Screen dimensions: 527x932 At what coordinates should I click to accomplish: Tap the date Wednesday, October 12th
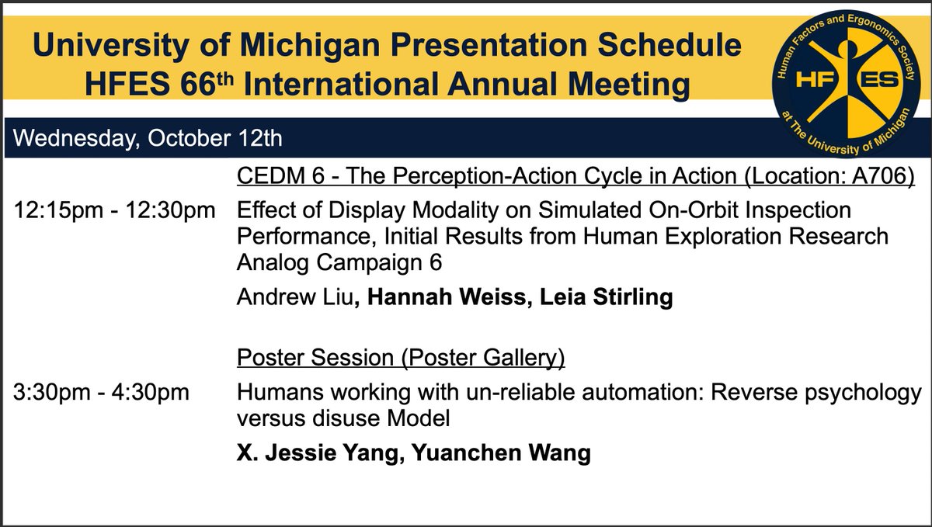148,140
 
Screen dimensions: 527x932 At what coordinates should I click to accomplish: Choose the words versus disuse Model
344,419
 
